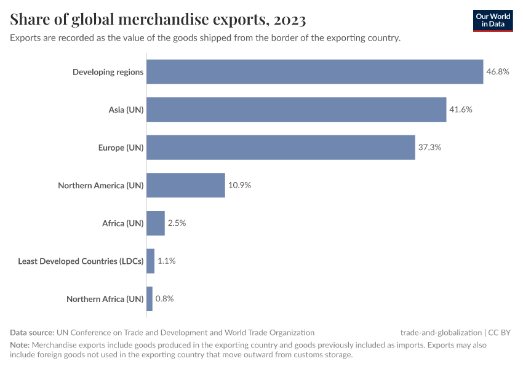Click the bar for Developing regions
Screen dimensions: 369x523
pyautogui.click(x=314, y=72)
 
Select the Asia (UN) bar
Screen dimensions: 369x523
pyautogui.click(x=296, y=109)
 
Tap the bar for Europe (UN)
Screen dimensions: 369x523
pyautogui.click(x=281, y=148)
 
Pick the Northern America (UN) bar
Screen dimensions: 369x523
pyautogui.click(x=186, y=185)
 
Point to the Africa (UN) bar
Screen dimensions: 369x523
pyautogui.click(x=156, y=223)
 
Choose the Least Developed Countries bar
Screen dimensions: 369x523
pyautogui.click(x=150, y=261)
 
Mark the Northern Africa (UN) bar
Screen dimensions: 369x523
pyautogui.click(x=150, y=299)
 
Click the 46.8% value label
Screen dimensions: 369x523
pyautogui.click(x=498, y=72)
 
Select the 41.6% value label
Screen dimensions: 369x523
pyautogui.click(x=461, y=109)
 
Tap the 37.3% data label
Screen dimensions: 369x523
pyautogui.click(x=429, y=148)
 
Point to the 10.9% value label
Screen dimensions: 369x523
pyautogui.click(x=239, y=185)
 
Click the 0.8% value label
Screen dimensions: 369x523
pyautogui.click(x=164, y=299)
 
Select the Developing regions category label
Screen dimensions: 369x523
pyautogui.click(x=108, y=72)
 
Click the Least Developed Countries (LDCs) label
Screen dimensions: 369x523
pyautogui.click(x=81, y=261)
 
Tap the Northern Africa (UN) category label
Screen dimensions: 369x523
pyautogui.click(x=105, y=299)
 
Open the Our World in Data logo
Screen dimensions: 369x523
pyautogui.click(x=493, y=21)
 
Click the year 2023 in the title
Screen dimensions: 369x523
pyautogui.click(x=290, y=20)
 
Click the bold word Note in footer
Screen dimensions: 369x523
pyautogui.click(x=20, y=345)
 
